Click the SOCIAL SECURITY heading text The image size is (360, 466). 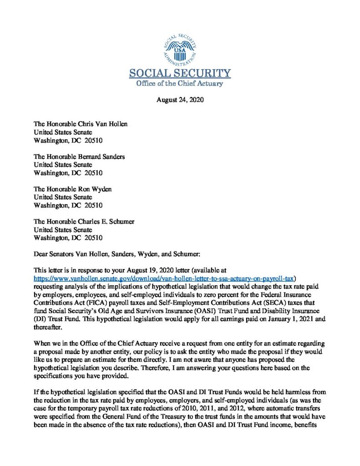[x=180, y=73]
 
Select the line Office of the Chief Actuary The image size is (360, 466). [x=180, y=83]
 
